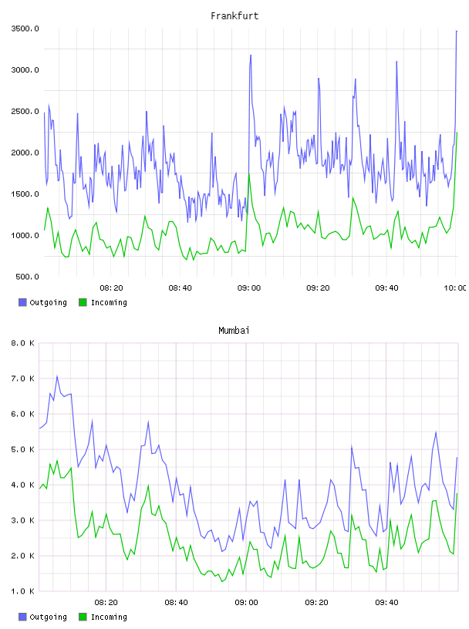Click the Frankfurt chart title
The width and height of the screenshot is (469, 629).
235,15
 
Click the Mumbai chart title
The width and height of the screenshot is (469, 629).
234,330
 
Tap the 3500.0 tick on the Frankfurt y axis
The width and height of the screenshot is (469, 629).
25,29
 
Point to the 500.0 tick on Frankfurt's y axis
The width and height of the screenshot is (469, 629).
27,277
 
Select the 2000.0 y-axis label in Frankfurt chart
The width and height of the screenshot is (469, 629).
25,153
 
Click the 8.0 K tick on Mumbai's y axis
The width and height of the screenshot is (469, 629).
22,343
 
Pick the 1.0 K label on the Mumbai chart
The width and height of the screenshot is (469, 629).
22,591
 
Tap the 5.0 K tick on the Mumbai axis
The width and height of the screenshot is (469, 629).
22,449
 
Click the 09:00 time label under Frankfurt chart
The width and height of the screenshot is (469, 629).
249,288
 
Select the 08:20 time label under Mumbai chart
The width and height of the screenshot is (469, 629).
106,602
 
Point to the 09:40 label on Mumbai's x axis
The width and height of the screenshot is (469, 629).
386,602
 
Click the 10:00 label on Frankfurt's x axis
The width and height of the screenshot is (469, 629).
455,288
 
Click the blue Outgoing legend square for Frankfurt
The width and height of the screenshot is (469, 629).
22,302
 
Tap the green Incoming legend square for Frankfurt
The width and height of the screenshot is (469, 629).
83,302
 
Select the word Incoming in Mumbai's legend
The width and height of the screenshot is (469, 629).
109,617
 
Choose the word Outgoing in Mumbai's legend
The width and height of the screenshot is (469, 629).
48,617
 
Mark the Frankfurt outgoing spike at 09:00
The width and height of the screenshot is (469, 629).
251,55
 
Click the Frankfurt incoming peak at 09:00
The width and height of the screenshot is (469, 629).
249,173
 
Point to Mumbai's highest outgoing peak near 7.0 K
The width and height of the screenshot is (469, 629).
57,376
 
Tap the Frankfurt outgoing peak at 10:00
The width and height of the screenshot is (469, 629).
457,31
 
